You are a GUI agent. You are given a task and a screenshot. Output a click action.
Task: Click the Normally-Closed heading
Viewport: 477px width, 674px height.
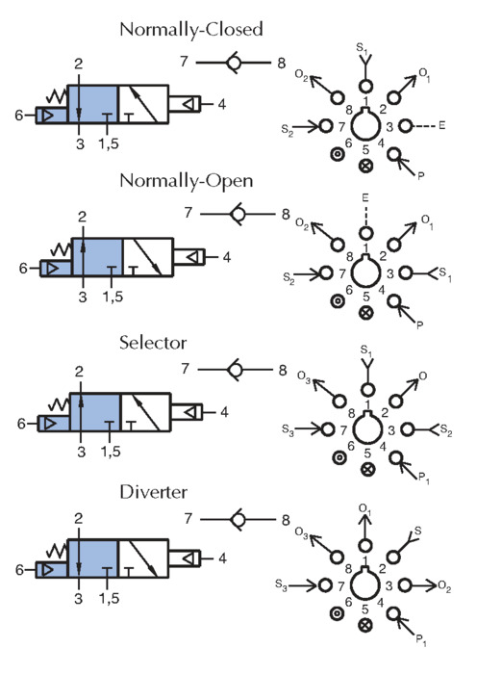click(x=191, y=30)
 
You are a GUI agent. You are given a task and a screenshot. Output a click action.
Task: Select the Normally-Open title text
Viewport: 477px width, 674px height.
click(x=187, y=181)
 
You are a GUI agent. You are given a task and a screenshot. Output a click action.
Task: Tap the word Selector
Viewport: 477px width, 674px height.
click(x=153, y=343)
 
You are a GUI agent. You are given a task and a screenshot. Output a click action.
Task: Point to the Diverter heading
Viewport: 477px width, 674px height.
click(x=153, y=492)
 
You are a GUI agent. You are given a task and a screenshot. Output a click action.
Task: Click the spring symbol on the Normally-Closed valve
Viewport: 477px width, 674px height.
click(x=57, y=96)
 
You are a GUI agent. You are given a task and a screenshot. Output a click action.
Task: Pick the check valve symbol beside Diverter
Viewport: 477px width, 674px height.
click(x=238, y=519)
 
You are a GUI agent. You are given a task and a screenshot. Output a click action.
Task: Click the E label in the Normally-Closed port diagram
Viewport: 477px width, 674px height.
click(x=441, y=125)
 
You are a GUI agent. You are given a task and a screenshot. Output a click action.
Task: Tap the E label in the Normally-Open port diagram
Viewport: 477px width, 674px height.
click(x=364, y=197)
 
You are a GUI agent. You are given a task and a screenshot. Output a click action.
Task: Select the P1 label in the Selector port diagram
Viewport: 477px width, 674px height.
click(x=423, y=479)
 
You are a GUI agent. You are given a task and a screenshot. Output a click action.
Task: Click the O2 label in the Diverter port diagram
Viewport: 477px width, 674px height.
click(x=444, y=585)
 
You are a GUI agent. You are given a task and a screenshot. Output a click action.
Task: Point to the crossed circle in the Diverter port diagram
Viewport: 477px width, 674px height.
click(x=365, y=625)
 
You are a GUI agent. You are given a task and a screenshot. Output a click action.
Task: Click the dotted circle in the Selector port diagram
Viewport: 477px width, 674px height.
click(x=339, y=457)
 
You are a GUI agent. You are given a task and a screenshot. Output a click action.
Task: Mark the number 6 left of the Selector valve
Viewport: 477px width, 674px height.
click(x=21, y=424)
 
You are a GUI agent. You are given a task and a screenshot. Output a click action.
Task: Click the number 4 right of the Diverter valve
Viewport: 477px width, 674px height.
click(x=222, y=558)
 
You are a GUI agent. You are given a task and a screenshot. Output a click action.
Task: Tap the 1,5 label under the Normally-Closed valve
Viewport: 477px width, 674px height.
click(x=109, y=143)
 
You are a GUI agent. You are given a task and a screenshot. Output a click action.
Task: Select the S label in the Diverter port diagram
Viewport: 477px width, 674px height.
click(x=417, y=531)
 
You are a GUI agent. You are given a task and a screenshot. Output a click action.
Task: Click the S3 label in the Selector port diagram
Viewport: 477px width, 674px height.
click(x=288, y=429)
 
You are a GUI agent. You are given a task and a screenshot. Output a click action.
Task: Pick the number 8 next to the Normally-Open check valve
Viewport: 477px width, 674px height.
click(x=286, y=214)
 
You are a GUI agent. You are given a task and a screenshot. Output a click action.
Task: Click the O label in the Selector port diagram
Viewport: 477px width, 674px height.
click(x=423, y=376)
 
